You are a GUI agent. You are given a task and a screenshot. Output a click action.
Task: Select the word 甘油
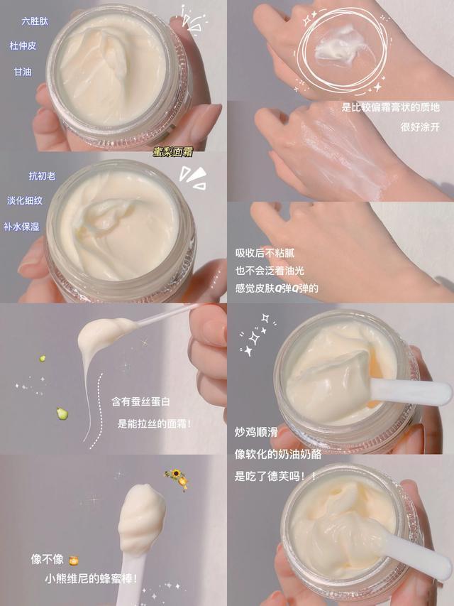(x=23, y=72)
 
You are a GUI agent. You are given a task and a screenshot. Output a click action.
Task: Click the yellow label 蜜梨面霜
(x=173, y=151)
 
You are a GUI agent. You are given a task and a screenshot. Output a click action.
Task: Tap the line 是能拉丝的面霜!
(x=154, y=424)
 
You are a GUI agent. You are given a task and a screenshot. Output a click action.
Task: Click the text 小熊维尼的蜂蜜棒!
(x=90, y=580)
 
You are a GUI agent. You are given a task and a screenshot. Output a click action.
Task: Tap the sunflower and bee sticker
(x=177, y=478)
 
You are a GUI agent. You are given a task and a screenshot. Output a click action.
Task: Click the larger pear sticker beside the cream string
(x=62, y=413)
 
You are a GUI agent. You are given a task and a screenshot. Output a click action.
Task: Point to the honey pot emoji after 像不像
(x=73, y=559)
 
